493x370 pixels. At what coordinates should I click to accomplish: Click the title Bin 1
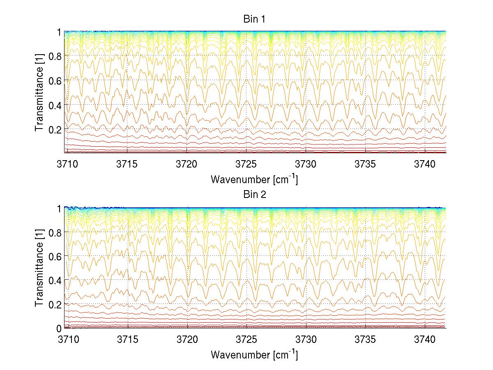point(255,19)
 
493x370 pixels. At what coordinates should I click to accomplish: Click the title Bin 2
point(255,195)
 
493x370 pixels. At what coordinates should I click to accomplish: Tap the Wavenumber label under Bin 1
point(254,179)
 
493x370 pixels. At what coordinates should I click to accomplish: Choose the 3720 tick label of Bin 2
point(187,340)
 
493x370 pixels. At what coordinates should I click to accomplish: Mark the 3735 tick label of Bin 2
point(365,340)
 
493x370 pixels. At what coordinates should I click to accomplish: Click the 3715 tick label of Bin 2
point(127,340)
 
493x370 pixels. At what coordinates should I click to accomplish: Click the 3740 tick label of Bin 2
point(425,340)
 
